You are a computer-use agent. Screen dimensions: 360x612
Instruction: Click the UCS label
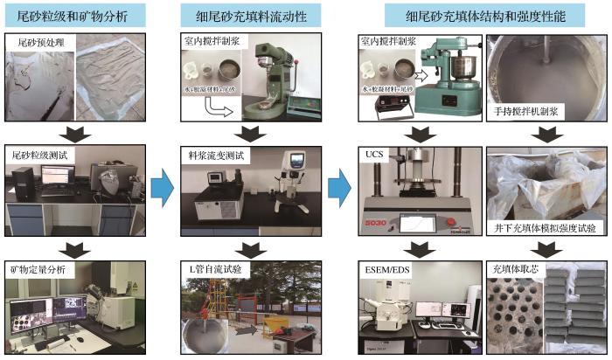371,155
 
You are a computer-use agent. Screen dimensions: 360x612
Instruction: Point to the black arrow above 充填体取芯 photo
544,246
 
